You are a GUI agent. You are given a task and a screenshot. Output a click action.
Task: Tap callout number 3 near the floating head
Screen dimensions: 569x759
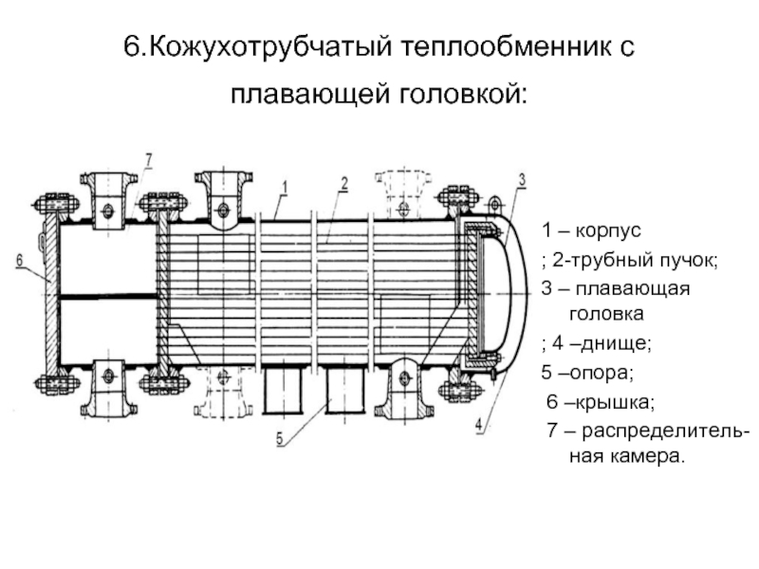click(x=522, y=179)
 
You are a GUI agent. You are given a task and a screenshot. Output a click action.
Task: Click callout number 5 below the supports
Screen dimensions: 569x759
click(x=281, y=438)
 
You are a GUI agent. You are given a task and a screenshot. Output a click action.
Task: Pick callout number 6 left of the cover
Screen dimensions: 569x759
click(x=19, y=257)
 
